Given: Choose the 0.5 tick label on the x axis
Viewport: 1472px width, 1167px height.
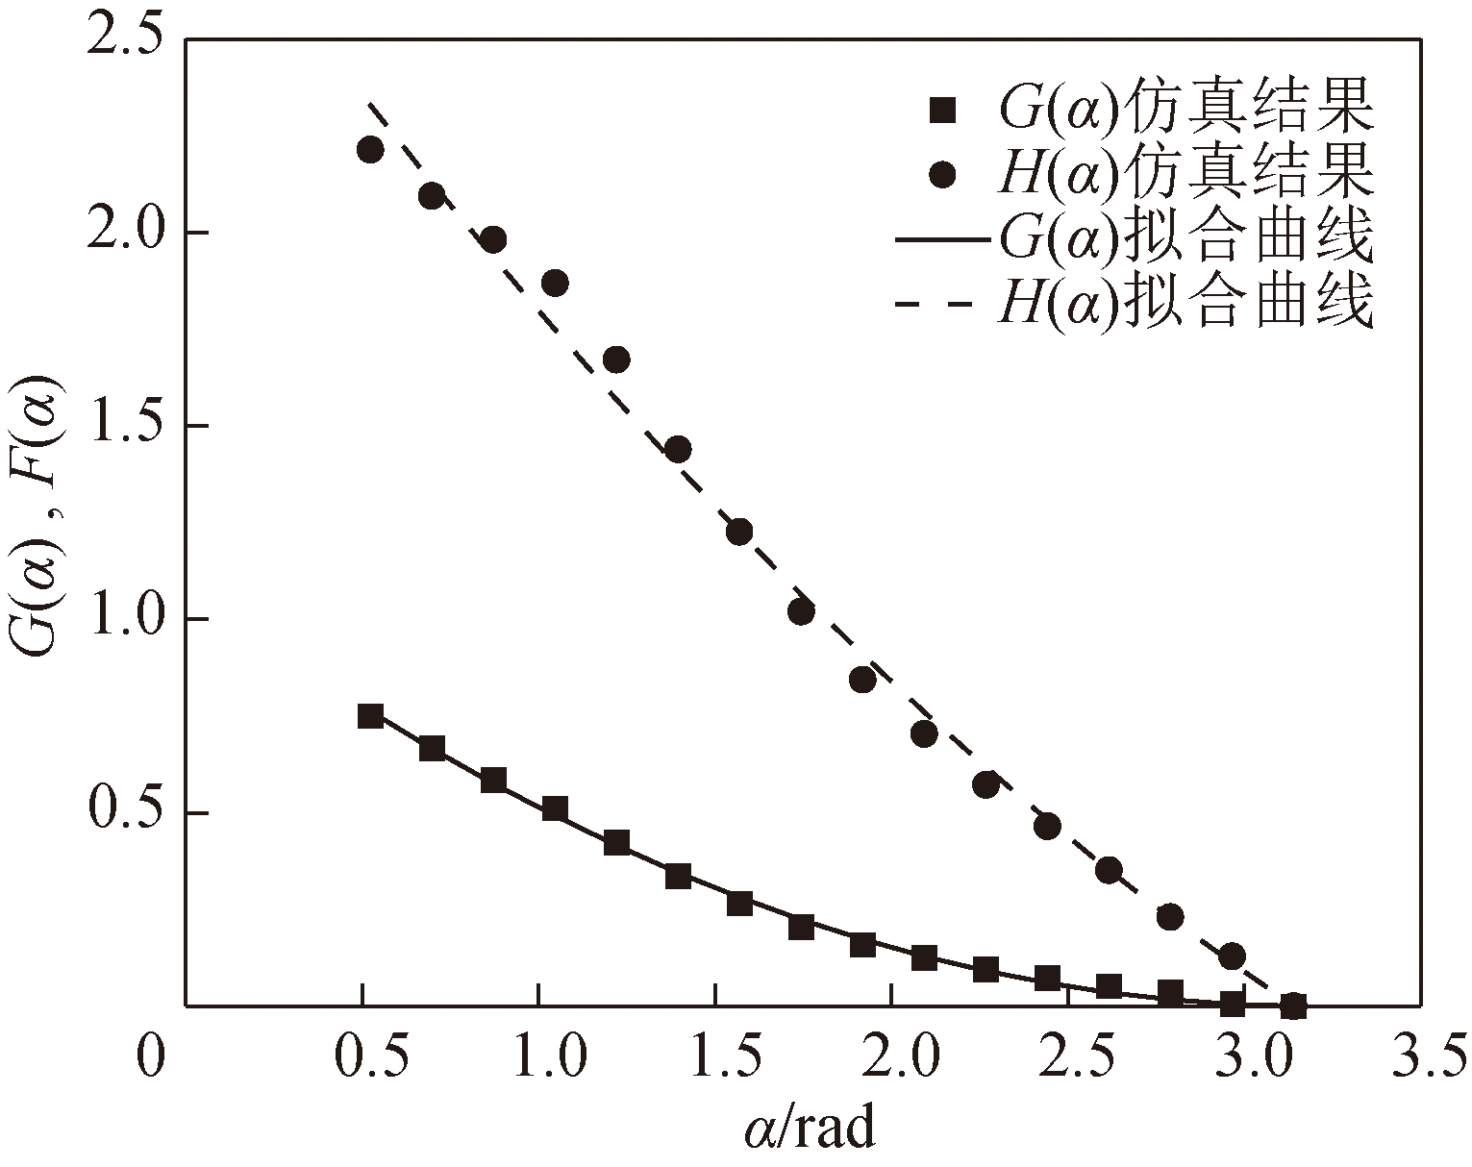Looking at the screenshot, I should click(362, 1057).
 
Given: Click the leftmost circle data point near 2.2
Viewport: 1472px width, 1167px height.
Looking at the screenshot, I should click(370, 149).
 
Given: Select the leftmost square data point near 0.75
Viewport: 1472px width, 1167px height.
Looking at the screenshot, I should click(370, 716).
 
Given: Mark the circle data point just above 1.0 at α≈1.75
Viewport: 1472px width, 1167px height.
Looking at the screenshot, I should click(801, 610).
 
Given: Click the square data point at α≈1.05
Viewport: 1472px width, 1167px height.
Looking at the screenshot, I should click(555, 808).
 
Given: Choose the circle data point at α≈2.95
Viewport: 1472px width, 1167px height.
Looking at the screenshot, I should click(1232, 956).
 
